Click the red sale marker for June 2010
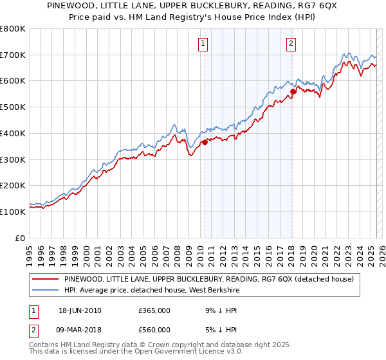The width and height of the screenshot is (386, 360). [205, 143]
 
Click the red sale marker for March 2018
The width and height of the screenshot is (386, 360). [293, 91]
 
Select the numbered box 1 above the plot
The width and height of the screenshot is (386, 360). [203, 44]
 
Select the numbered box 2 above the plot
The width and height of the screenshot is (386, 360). [291, 44]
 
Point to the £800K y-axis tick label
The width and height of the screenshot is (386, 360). [13, 29]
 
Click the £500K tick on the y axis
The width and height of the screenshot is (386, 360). [13, 107]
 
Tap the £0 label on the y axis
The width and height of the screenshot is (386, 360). [21, 238]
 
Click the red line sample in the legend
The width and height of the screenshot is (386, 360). [45, 280]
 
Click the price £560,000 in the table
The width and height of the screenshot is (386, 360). [154, 330]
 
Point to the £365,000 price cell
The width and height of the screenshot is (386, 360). [154, 310]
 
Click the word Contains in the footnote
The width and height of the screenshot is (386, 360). [43, 345]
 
